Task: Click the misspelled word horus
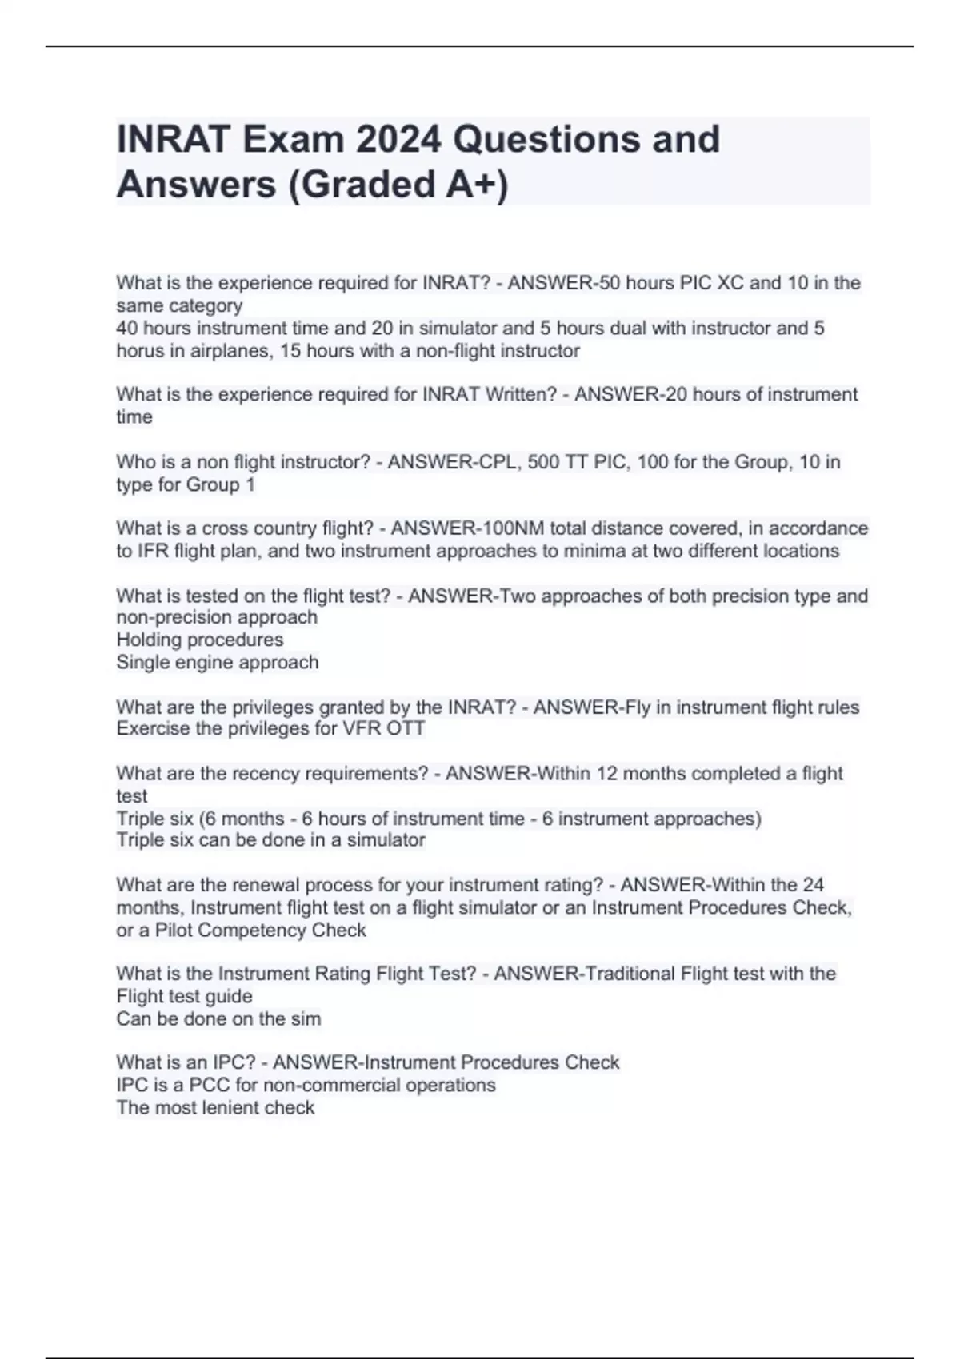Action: tap(140, 351)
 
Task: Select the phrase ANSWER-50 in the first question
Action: tap(551, 283)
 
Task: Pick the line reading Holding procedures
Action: tap(200, 640)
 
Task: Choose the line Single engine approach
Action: tap(218, 662)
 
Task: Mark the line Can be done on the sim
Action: tap(218, 1019)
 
